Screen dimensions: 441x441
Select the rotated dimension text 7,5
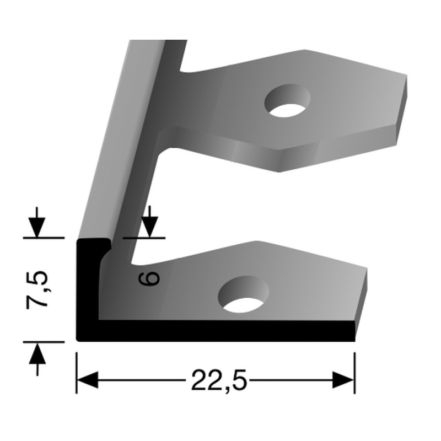(40, 291)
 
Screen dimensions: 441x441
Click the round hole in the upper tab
(287, 101)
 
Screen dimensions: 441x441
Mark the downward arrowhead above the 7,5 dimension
(37, 226)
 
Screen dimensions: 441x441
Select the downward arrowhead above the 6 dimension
(150, 226)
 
